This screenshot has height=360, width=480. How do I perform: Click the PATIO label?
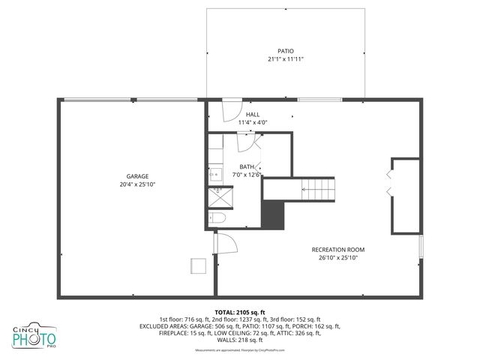[286, 51]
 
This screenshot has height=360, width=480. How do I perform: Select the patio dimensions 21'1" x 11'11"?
[286, 59]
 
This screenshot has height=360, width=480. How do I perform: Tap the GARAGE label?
[137, 175]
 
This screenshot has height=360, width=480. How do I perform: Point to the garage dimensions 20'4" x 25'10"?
[137, 184]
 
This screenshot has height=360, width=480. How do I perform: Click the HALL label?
[253, 114]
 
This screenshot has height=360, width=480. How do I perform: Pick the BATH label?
[247, 166]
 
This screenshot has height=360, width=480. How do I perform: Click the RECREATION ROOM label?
[338, 249]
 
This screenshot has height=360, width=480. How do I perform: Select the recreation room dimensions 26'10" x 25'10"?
[338, 257]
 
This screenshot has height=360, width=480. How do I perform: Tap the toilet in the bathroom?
[217, 218]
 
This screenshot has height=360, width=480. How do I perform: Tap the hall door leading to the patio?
[232, 106]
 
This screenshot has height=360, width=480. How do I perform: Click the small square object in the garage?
[199, 267]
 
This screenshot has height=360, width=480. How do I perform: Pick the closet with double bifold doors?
[404, 194]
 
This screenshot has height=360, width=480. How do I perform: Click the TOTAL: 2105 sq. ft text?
[240, 311]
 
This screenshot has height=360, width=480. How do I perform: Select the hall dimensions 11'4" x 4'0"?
[253, 122]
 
